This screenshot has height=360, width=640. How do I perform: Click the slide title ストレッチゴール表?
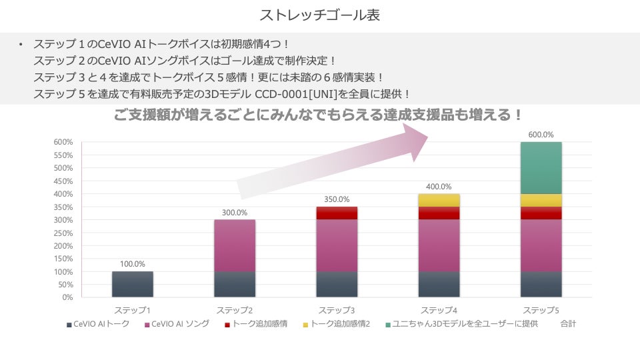click(319, 15)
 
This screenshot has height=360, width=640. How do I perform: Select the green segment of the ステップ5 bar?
click(541, 167)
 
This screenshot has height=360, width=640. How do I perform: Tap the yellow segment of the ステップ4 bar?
click(439, 200)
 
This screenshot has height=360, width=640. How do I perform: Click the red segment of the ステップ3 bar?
click(337, 213)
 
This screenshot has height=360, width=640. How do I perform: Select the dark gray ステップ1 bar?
click(133, 284)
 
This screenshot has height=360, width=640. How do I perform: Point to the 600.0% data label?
click(541, 135)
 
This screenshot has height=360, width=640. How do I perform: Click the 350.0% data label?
click(337, 199)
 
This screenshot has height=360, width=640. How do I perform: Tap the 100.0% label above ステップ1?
click(133, 264)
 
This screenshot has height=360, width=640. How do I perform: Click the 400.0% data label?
click(439, 187)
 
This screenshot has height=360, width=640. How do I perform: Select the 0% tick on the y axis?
click(67, 297)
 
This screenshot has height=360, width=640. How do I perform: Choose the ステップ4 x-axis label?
click(439, 310)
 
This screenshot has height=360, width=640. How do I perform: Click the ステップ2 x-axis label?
click(235, 310)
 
